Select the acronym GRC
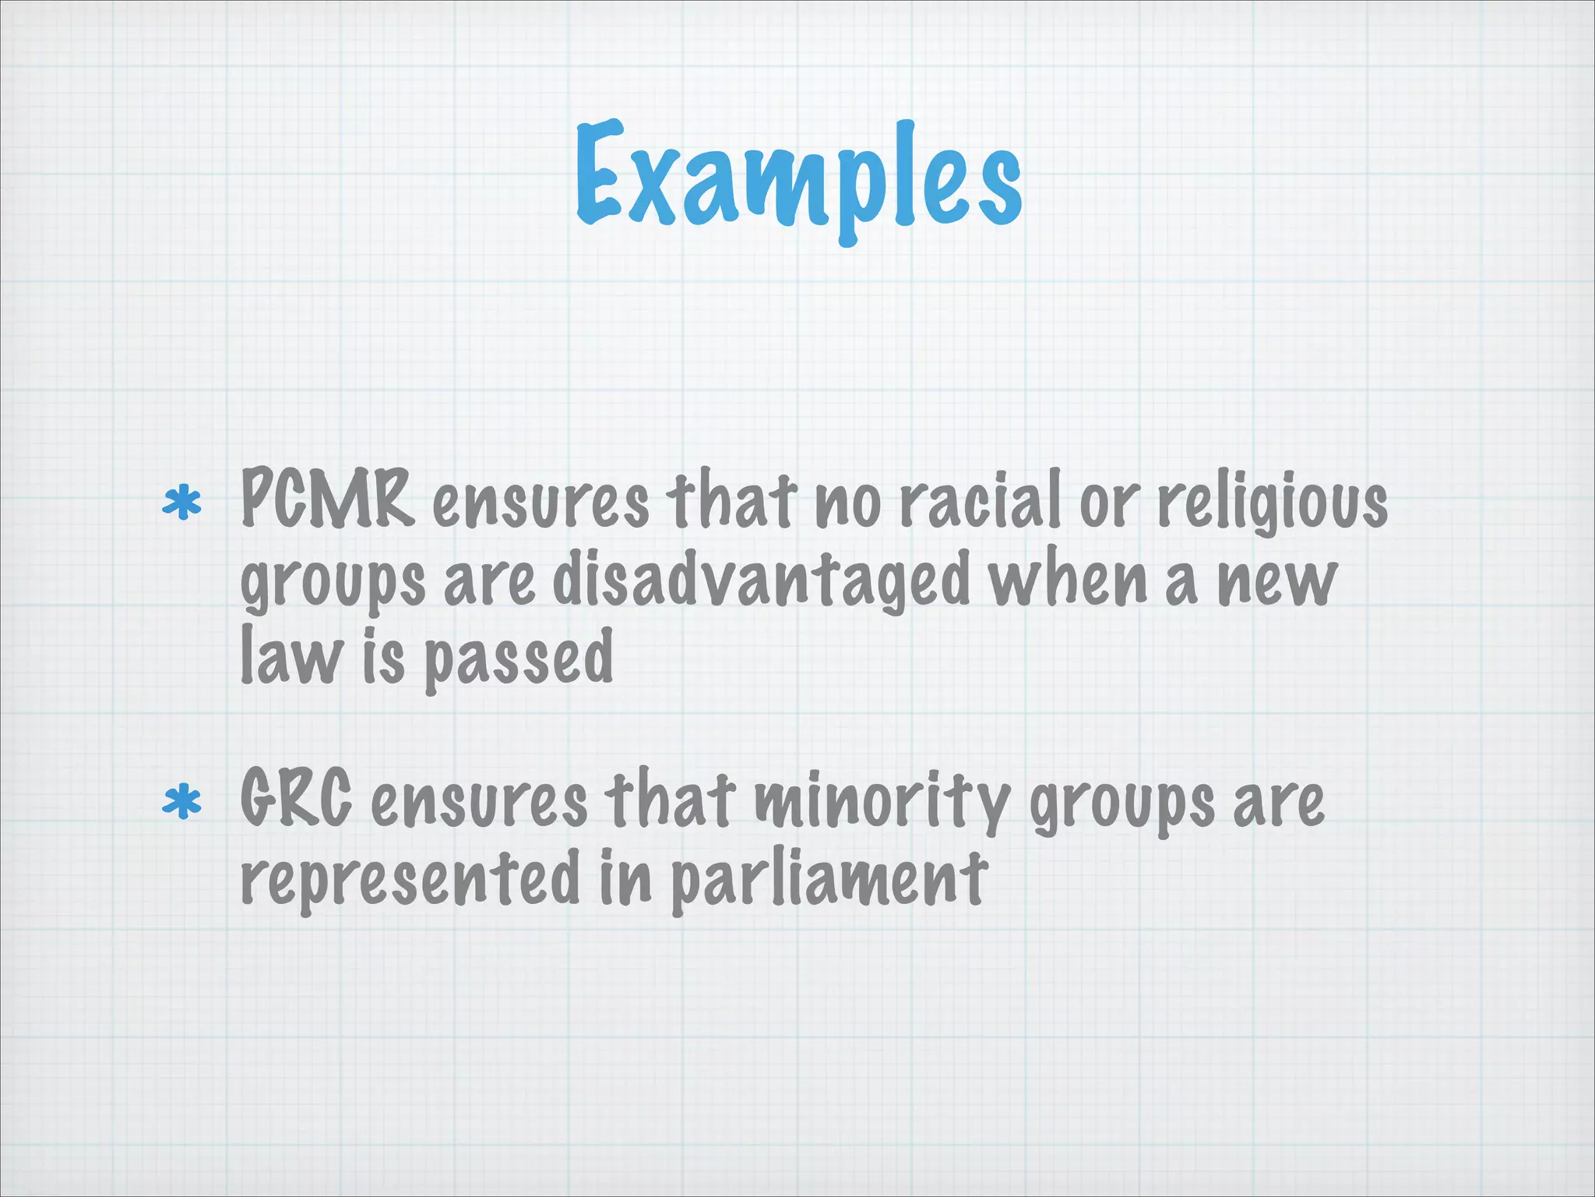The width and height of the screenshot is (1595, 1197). pyautogui.click(x=296, y=798)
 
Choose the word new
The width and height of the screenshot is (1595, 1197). pyautogui.click(x=1277, y=581)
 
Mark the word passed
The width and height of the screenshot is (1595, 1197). pyautogui.click(x=519, y=659)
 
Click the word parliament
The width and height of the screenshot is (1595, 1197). pyautogui.click(x=829, y=879)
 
